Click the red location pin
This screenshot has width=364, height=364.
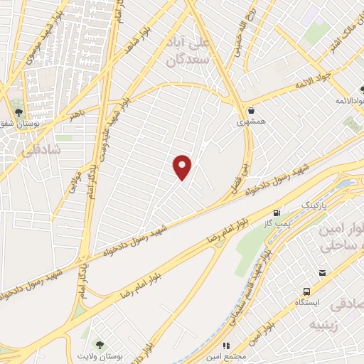[x=183, y=166]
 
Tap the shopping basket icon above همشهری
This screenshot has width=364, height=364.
[x=252, y=109]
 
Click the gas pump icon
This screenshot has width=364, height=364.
[x=276, y=213]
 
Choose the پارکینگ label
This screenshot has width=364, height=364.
[x=316, y=205]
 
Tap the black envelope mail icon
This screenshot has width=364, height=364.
[x=322, y=273]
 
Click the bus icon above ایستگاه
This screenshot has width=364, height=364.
[x=306, y=291]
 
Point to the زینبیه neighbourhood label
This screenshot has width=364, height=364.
[x=323, y=324]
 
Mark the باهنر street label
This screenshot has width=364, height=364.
[x=77, y=112]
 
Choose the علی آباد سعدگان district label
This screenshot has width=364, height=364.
[x=189, y=51]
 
